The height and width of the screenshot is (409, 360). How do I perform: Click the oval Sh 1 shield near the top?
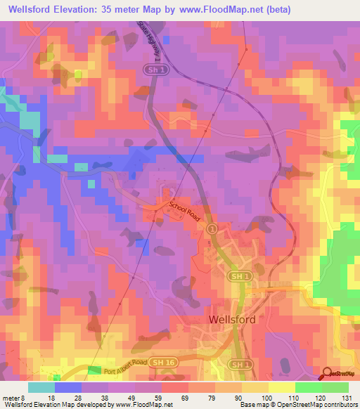coord(153,70)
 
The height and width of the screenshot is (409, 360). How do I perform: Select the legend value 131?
coord(347,397)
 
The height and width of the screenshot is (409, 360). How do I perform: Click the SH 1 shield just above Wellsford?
coord(238,278)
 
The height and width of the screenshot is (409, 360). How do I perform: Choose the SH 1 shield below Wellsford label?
coord(240,365)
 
